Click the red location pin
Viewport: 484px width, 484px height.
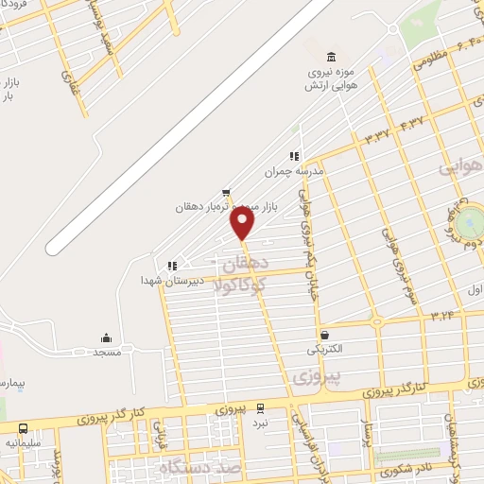243,223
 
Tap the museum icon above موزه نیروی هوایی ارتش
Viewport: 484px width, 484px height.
329,57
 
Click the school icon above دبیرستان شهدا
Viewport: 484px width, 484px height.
171,267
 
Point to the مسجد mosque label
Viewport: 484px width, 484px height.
106,352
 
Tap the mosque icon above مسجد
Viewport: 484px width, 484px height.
106,337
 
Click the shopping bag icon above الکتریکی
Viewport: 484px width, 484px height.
325,335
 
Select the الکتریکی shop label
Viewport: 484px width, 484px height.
325,349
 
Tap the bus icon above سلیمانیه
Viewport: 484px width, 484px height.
23,428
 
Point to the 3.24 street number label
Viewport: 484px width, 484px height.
441,310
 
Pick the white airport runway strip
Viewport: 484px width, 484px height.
189,128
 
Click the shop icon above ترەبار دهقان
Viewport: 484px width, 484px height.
225,192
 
